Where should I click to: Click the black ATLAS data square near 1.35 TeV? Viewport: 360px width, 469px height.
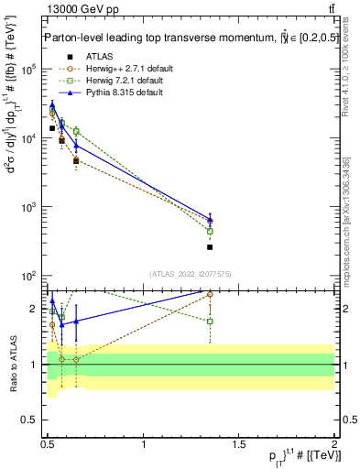(x=211, y=247)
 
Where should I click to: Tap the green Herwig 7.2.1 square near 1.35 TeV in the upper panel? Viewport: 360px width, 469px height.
(x=211, y=232)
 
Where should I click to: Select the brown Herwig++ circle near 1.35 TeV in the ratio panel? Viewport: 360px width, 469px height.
(x=211, y=294)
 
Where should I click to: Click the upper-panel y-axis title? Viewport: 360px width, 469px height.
(x=16, y=174)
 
